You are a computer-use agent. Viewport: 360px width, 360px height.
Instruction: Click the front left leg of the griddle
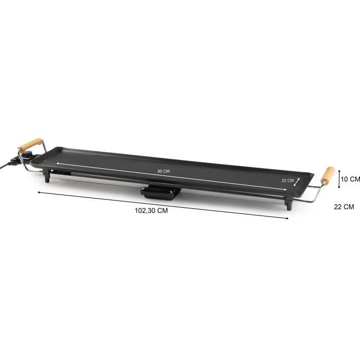pyautogui.click(x=48, y=178)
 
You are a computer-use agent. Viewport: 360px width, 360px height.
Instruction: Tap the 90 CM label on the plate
pyautogui.click(x=163, y=171)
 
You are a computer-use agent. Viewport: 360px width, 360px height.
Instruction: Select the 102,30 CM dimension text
pyautogui.click(x=152, y=210)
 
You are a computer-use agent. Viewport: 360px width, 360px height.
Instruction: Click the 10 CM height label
pyautogui.click(x=351, y=179)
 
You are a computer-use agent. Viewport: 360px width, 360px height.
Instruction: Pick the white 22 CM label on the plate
pyautogui.click(x=287, y=181)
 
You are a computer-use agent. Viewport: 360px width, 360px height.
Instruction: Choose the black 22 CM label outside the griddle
pyautogui.click(x=344, y=207)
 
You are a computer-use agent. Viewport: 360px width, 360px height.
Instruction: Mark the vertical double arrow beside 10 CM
pyautogui.click(x=339, y=179)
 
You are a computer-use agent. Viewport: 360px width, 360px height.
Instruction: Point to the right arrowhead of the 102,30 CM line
pyautogui.click(x=287, y=219)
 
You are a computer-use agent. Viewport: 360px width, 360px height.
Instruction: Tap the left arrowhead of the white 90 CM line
pyautogui.click(x=58, y=163)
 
